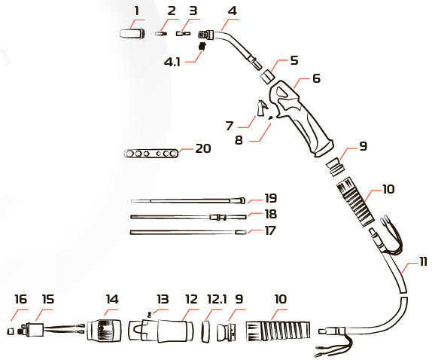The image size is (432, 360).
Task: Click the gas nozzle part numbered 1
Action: point(132,34)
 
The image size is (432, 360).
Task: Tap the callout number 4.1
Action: point(172,62)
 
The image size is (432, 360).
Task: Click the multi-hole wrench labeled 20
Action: point(151,153)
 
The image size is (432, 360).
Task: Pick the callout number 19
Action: point(270,199)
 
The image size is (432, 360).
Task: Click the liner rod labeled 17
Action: point(188,233)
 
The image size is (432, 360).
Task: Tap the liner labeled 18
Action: point(188,217)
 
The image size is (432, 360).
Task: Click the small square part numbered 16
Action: point(11,331)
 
